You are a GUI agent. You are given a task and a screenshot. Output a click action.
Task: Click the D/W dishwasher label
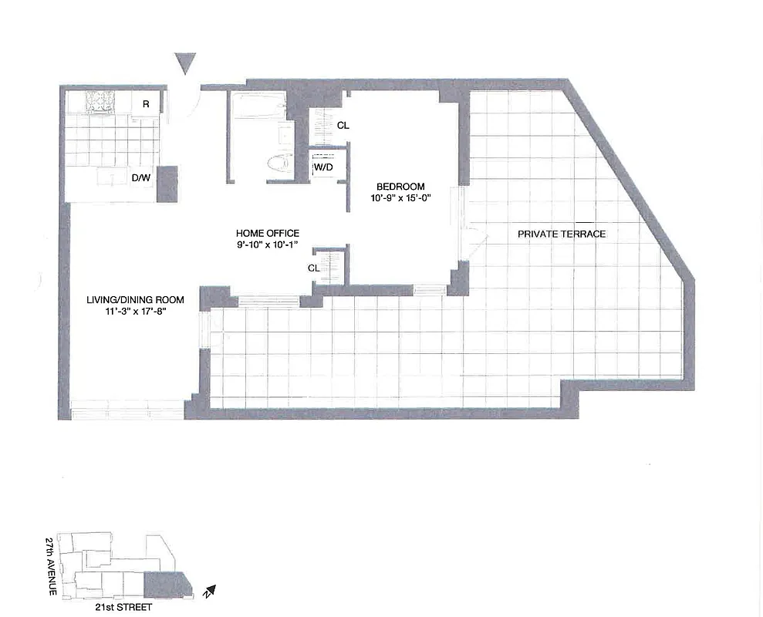point(140,179)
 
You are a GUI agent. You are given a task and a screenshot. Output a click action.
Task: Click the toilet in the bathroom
point(279,163)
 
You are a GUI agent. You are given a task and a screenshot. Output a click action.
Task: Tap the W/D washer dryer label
point(323,167)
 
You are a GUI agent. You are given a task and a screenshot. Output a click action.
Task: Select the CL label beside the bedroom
point(343,126)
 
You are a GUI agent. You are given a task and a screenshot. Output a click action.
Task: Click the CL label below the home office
point(314,268)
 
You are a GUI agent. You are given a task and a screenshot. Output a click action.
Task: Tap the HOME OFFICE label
point(268,233)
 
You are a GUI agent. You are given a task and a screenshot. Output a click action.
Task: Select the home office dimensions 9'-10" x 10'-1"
point(268,244)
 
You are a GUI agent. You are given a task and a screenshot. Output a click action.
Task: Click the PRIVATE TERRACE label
point(562,234)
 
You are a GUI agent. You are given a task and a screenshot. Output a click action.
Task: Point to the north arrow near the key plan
point(209,592)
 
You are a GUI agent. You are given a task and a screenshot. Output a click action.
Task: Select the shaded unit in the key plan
point(166,585)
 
